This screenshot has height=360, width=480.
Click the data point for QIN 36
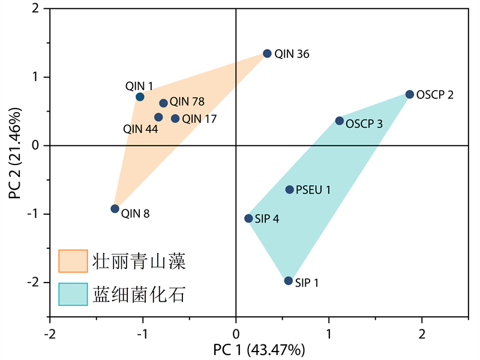click(x=268, y=53)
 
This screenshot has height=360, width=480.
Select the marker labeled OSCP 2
click(x=410, y=94)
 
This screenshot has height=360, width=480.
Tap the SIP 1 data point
click(x=289, y=281)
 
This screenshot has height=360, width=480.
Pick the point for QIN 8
click(x=115, y=209)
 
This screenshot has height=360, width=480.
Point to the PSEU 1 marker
click(x=290, y=190)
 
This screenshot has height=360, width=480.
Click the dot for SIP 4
click(x=248, y=218)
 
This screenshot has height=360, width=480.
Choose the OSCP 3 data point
click(x=340, y=121)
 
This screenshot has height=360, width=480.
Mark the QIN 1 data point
click(x=140, y=97)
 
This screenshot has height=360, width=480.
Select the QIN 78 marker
click(x=163, y=103)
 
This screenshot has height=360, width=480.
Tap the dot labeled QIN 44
click(x=158, y=117)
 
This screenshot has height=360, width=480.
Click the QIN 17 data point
click(x=175, y=119)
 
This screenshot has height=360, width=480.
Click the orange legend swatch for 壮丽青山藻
click(x=73, y=261)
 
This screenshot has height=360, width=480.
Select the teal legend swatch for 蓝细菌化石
click(x=73, y=295)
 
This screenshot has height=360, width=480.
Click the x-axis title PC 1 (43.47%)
click(x=259, y=349)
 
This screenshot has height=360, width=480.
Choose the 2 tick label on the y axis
click(x=36, y=8)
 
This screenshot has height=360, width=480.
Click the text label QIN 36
click(x=292, y=54)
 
